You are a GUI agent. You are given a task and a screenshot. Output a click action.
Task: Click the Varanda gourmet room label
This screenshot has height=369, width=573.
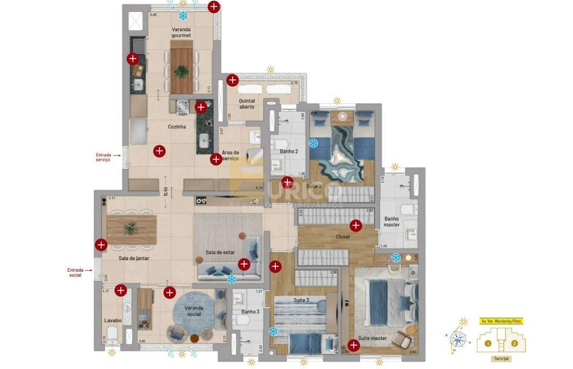click(x=181, y=32)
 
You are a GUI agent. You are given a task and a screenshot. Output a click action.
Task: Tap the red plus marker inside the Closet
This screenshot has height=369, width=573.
click(x=356, y=225)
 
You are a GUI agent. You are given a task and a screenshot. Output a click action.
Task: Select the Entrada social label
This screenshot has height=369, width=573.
click(x=75, y=273)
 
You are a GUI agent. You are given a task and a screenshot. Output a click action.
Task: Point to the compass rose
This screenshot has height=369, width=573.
click(x=458, y=339)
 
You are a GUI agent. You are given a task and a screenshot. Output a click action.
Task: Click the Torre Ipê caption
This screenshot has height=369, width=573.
click(x=501, y=359)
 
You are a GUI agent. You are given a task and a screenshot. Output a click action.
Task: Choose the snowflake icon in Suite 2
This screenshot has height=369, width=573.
click(x=314, y=143)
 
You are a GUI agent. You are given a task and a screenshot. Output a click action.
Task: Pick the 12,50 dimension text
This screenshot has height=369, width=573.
click(x=166, y=192)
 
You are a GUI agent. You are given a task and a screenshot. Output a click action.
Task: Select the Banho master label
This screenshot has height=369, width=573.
click(x=391, y=222)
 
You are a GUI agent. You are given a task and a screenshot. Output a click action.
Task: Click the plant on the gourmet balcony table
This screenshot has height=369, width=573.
click(x=181, y=71)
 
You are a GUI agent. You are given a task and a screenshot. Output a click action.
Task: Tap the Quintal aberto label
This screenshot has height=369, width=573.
click(x=247, y=104)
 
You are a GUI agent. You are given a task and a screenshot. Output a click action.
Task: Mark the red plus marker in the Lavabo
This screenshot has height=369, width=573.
click(x=120, y=290)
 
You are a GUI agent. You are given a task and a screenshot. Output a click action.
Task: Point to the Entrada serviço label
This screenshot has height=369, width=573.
click(x=103, y=157)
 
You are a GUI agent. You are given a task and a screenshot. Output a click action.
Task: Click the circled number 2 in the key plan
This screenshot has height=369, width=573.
click(x=514, y=343)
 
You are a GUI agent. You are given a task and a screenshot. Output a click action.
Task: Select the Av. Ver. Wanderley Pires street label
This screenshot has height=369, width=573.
click(x=501, y=321)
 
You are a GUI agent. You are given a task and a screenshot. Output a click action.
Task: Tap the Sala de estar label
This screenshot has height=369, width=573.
click(x=220, y=252)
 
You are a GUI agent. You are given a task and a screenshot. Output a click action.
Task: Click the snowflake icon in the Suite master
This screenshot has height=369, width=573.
click(x=396, y=257)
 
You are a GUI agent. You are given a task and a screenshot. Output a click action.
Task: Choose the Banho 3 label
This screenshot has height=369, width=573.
click(x=250, y=312)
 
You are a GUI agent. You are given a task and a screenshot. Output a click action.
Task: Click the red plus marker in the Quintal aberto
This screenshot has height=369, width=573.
click(x=232, y=80)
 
